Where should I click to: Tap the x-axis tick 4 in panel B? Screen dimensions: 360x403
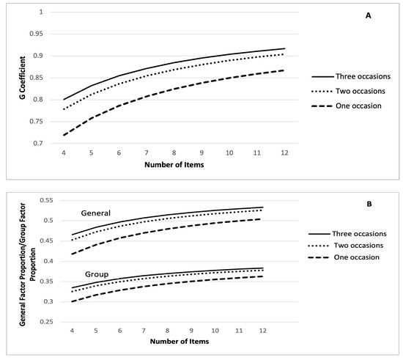[x=71, y=331]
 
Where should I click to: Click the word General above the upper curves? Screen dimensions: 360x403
[x=97, y=213]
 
